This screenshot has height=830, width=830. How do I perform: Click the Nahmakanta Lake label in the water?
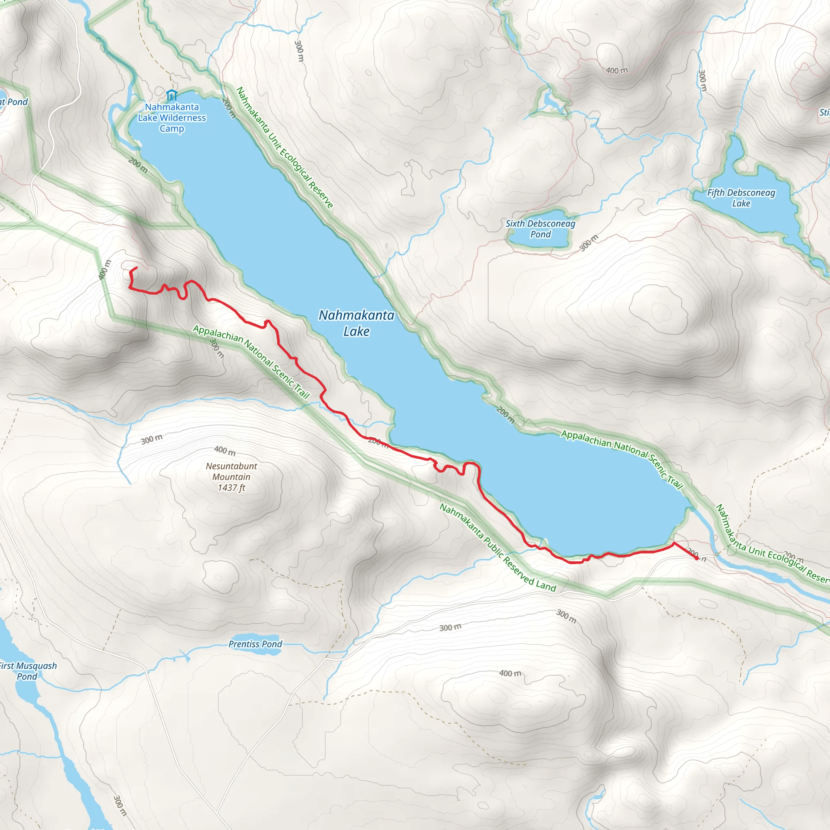tap(356, 323)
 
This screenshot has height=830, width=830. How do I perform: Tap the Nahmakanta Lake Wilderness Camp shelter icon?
tap(171, 94)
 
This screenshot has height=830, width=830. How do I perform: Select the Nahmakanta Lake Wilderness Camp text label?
tap(172, 118)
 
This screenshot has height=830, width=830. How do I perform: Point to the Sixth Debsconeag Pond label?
tap(540, 229)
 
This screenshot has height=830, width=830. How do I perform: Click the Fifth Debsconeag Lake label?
tap(741, 198)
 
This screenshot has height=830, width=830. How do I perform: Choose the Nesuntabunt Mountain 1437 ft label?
tap(231, 477)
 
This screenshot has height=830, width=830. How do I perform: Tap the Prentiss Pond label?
tap(255, 644)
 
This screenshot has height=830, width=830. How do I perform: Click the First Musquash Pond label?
tap(28, 671)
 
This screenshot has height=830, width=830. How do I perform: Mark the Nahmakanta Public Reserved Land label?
tap(498, 547)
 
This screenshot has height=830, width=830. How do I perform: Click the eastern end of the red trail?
tap(697, 558)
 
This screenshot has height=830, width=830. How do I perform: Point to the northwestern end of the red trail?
tap(136, 267)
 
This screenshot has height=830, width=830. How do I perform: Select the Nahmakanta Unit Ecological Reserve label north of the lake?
tap(285, 148)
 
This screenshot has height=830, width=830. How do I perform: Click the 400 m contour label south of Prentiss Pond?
tap(510, 673)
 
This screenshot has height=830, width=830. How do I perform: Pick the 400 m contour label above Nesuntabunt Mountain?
tap(225, 450)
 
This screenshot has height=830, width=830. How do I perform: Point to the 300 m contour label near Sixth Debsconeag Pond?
tap(589, 243)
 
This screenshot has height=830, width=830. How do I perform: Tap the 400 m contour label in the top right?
tap(616, 71)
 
